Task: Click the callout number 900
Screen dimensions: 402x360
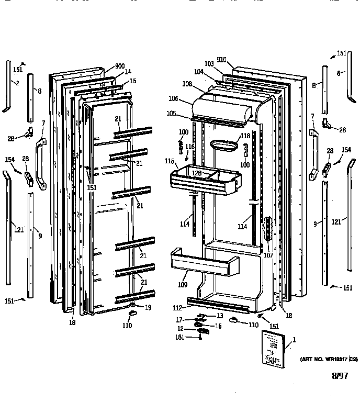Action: pos(120,66)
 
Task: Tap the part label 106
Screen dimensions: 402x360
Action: pos(173,98)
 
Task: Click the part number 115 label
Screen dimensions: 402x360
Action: pos(168,160)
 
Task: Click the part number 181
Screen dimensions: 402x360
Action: pos(179,338)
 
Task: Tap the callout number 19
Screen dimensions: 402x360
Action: pos(148,308)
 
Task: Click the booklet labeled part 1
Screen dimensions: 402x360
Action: pos(273,347)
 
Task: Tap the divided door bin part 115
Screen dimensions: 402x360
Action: pos(204,180)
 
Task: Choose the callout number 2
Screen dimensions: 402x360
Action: pos(17,83)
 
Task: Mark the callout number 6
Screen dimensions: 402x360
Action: pos(339,73)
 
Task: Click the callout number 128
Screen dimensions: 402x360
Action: pos(196,173)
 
